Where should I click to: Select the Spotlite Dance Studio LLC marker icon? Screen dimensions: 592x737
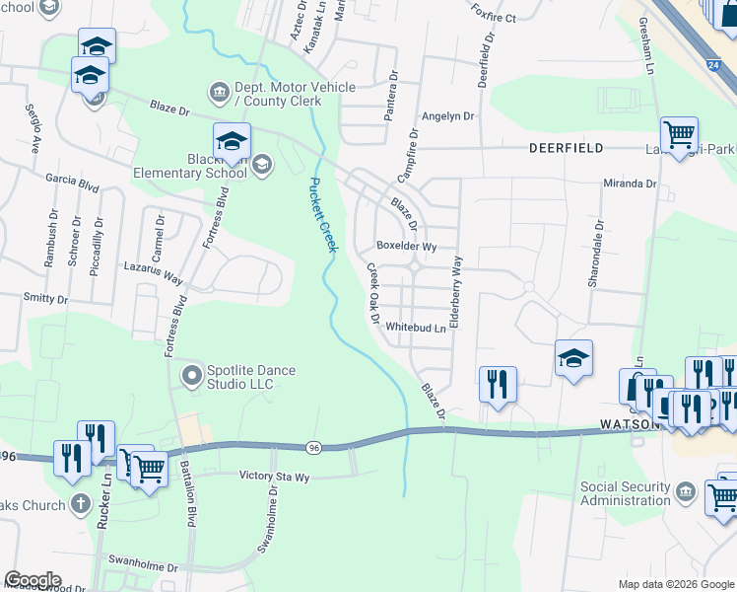[x=191, y=374]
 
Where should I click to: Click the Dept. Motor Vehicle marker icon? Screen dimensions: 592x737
[x=218, y=93]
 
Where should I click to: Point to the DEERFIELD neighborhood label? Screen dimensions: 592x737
[x=566, y=147]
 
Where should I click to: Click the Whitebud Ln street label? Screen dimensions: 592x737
[x=416, y=327]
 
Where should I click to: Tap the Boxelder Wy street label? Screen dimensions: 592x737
[x=406, y=246]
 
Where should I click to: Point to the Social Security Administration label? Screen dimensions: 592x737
[x=638, y=493]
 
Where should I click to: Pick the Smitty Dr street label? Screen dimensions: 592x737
[x=46, y=298]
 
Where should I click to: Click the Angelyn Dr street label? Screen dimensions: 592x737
[x=447, y=115]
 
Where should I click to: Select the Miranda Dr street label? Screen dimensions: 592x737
[x=630, y=184]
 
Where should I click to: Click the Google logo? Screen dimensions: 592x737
[x=33, y=580]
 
